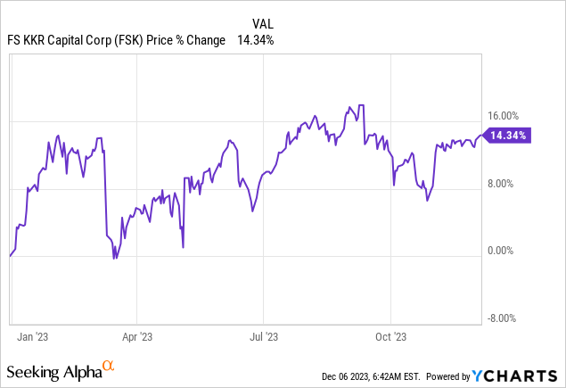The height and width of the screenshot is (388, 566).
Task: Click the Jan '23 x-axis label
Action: (x=34, y=338)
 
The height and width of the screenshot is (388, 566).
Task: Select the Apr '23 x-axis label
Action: (x=136, y=338)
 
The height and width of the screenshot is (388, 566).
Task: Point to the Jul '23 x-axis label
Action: (x=264, y=338)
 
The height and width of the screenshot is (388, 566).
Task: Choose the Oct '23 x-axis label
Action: (x=391, y=338)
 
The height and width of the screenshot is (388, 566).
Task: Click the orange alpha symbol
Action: (x=109, y=367)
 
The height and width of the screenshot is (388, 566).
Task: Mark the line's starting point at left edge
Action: (x=10, y=255)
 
